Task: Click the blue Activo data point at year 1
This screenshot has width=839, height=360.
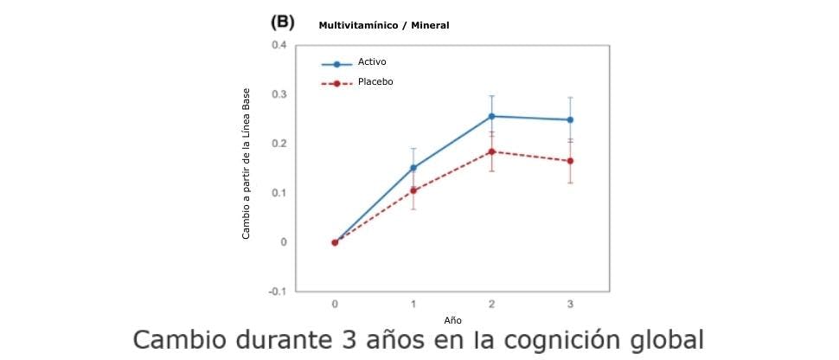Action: click(413, 168)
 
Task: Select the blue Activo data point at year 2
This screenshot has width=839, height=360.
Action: click(492, 116)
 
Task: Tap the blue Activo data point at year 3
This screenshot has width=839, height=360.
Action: click(570, 119)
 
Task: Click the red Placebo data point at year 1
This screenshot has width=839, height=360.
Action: click(413, 190)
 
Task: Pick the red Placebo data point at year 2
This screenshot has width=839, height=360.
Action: click(492, 151)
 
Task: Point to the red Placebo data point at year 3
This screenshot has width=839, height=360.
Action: click(570, 161)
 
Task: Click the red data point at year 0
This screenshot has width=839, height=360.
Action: click(335, 242)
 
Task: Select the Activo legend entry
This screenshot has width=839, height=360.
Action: click(371, 63)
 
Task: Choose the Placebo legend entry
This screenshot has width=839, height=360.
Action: click(375, 82)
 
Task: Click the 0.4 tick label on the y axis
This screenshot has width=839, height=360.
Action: click(279, 44)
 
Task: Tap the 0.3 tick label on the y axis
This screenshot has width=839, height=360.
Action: click(279, 93)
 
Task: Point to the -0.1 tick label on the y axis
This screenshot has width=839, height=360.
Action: click(277, 292)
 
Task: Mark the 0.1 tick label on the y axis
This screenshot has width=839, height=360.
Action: click(279, 192)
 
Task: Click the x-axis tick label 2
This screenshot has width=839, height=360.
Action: click(492, 304)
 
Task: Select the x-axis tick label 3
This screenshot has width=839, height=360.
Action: click(570, 304)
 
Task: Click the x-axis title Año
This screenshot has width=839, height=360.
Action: click(452, 320)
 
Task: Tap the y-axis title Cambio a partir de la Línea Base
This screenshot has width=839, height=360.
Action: click(246, 163)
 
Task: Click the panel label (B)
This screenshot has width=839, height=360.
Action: click(283, 24)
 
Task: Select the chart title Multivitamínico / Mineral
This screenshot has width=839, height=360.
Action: click(383, 25)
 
